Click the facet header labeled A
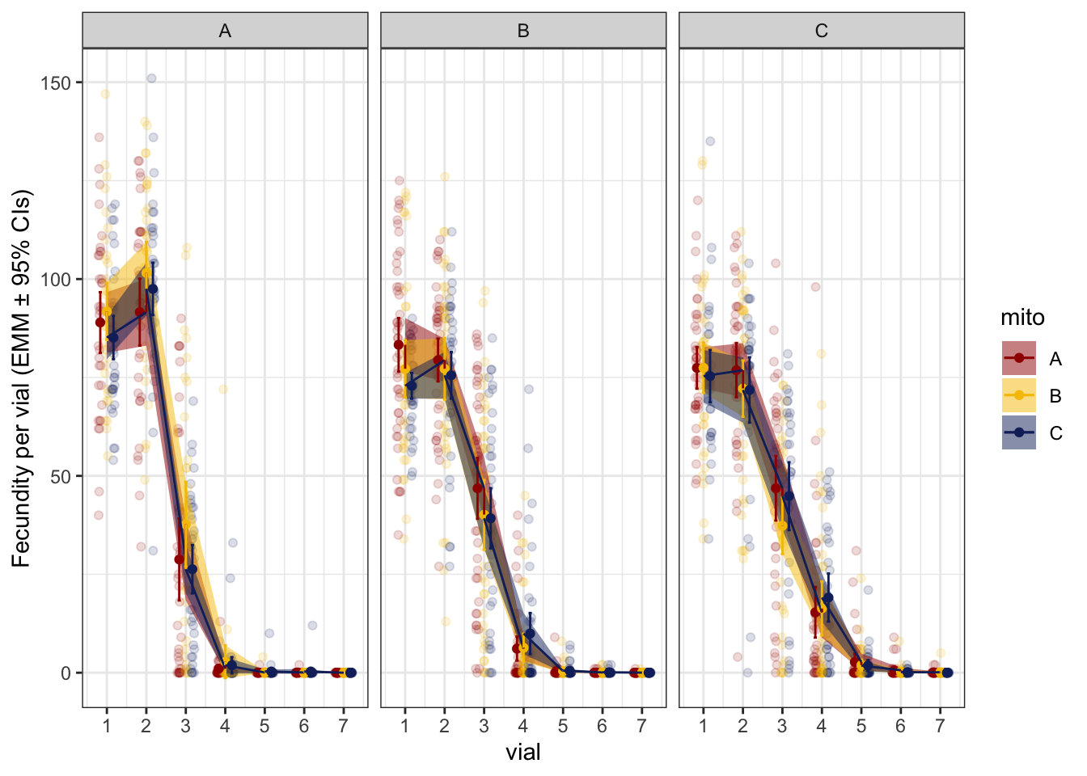coord(225,31)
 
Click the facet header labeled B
coord(523,31)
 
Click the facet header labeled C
coord(821,31)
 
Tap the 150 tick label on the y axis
coord(56,82)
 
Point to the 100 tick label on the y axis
coord(56,280)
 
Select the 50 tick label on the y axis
coord(61,476)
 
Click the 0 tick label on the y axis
coord(66,673)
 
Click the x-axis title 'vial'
coord(523,753)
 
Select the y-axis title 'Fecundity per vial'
coord(21,378)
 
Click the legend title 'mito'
coord(1022,318)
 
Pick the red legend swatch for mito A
coord(1019,358)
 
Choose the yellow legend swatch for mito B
coord(1019,395)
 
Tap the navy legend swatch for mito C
coord(1019,432)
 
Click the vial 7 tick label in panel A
coord(343,726)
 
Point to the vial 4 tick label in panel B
coord(523,726)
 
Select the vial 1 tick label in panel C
coord(703,726)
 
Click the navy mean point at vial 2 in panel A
coord(153,289)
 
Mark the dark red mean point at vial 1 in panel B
coord(398,345)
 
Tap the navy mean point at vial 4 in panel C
coord(827,597)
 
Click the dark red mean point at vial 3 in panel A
coord(179,559)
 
